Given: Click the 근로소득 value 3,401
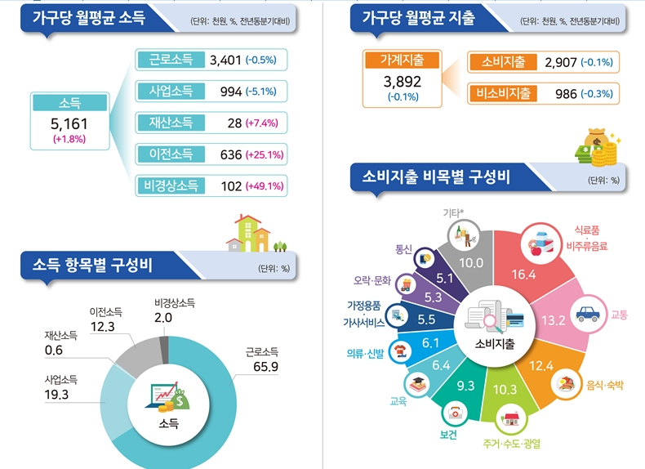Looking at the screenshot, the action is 225,60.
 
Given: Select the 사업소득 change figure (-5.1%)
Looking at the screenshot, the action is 260,92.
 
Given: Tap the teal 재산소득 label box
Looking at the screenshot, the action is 171,123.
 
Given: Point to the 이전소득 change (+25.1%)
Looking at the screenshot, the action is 265,154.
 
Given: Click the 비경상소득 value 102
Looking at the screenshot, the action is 231,186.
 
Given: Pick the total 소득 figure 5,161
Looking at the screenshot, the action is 69,123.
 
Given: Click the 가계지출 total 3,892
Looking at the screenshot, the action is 403,82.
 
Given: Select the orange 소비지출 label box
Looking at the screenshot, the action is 503,62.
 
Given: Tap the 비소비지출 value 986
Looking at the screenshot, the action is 566,94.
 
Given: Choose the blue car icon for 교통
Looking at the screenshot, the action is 588,314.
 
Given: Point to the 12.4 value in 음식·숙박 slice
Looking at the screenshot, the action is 541,366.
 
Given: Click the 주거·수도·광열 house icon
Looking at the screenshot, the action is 511,419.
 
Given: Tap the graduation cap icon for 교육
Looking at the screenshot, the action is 419,384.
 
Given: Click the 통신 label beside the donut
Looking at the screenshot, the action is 403,249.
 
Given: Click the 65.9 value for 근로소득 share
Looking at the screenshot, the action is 265,367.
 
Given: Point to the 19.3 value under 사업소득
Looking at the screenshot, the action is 56,395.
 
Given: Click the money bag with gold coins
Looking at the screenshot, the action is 598,147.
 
